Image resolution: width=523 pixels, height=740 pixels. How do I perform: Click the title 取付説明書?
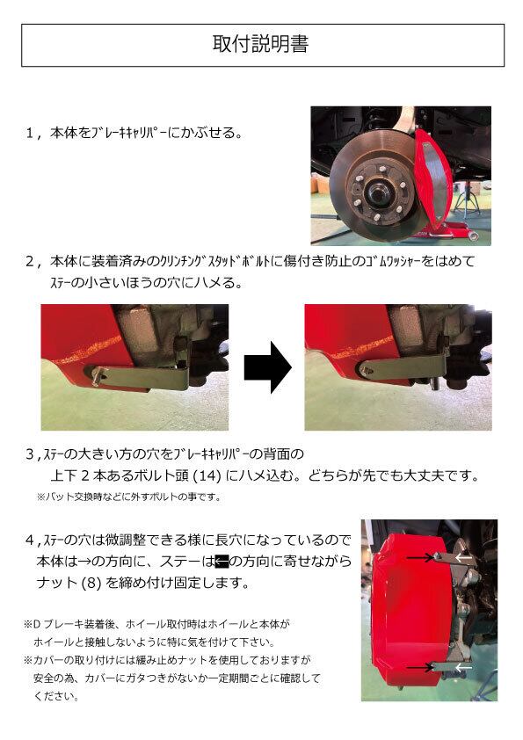pos(260,44)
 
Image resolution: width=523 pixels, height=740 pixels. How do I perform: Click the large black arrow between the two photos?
pos(267,367)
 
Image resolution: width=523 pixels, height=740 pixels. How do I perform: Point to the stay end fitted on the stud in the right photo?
pos(368,369)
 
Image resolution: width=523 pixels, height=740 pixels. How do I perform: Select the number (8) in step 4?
pos(91,584)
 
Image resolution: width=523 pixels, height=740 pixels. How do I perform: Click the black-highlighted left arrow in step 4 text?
pos(222,561)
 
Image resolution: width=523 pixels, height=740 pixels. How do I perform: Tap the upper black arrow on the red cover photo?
pos(422,558)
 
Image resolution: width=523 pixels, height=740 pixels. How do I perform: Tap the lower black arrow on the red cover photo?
pos(420,667)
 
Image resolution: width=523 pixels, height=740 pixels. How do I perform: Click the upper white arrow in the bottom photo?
pos(463,558)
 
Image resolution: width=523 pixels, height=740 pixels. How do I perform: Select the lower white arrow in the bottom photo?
pos(462,667)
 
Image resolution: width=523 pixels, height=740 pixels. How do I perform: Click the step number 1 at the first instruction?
pos(30,134)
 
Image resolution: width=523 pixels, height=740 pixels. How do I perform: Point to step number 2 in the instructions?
pos(30,261)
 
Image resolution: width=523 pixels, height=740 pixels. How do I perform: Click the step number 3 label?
pos(30,454)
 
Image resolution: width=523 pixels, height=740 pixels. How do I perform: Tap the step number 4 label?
pos(30,540)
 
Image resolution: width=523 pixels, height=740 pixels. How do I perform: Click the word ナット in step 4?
pos(56,584)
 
